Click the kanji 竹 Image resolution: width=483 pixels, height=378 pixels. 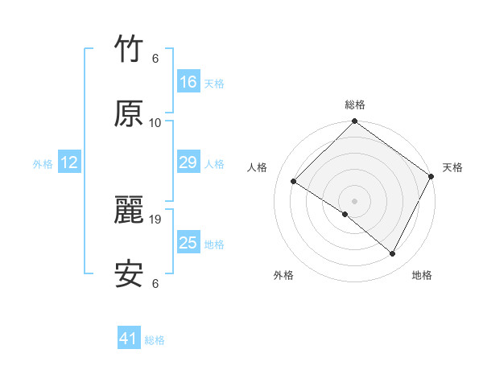point(129,51)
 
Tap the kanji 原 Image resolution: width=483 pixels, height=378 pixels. point(129,114)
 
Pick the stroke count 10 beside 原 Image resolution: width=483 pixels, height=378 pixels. point(155,122)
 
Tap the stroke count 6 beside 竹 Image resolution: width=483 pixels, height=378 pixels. point(155,59)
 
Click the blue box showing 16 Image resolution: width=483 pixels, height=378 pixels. point(188,82)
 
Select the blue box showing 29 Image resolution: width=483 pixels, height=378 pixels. point(188,163)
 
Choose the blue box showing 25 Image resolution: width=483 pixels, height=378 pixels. point(188,243)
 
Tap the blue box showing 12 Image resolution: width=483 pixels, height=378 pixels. point(69,163)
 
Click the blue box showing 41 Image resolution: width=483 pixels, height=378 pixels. point(129,339)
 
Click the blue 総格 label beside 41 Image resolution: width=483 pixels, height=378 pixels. point(155,340)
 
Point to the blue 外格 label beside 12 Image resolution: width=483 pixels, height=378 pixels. point(43,164)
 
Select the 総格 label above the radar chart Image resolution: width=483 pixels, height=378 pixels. point(354,105)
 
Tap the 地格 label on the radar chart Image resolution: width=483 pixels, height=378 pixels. point(422,275)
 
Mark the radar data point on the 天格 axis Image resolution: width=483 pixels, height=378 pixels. point(431,177)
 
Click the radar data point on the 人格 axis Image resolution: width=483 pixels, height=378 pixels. point(294,183)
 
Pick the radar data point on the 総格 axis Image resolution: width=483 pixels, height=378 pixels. point(354,122)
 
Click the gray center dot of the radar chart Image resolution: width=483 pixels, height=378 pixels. point(354,200)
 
